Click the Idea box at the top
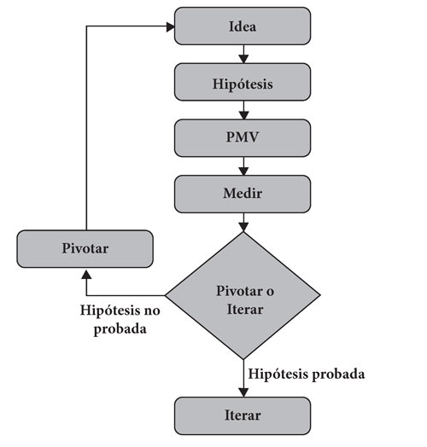click(243, 26)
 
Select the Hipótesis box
click(243, 82)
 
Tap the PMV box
click(243, 138)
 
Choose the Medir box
click(243, 194)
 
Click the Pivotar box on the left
click(85, 249)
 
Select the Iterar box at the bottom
click(243, 415)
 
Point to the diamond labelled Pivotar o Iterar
click(243, 295)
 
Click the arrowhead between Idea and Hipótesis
click(243, 59)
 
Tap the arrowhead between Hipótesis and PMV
click(243, 115)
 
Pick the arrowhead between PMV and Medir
click(243, 171)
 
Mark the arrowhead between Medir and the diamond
click(243, 227)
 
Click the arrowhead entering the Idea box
click(171, 27)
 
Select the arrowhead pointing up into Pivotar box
click(86, 275)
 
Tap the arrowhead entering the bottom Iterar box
click(243, 392)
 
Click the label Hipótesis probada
click(307, 374)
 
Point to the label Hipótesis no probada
click(120, 320)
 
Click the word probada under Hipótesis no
click(120, 329)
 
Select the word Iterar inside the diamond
click(245, 310)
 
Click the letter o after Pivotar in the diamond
click(270, 292)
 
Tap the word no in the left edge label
click(151, 311)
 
